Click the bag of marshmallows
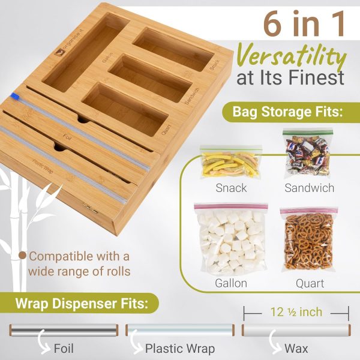point(231,239)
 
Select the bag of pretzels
point(308,239)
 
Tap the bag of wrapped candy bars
point(308,153)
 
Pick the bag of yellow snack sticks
point(230,162)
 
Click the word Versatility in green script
point(291,56)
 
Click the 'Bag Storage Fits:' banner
point(288,112)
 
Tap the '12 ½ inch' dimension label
point(296,312)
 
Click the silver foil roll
point(64,329)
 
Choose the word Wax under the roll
point(296,349)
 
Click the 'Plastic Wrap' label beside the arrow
point(180,349)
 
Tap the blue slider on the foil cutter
point(16,97)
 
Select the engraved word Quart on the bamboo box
point(166,130)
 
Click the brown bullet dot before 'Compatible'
point(22,256)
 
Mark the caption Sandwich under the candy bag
point(309,188)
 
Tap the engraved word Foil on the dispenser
point(67,137)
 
